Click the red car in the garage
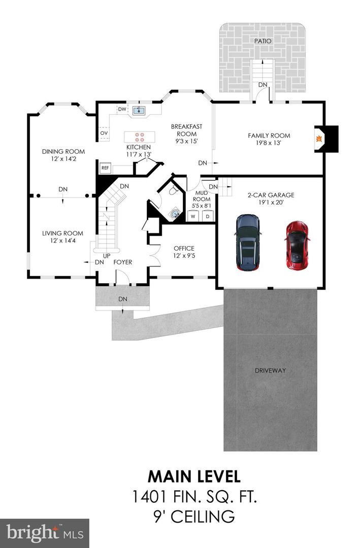pyautogui.click(x=297, y=246)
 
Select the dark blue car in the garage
pyautogui.click(x=248, y=243)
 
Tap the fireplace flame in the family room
pyautogui.click(x=319, y=139)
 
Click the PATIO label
pyautogui.click(x=263, y=41)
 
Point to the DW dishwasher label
pyautogui.click(x=122, y=109)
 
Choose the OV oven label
pyautogui.click(x=104, y=133)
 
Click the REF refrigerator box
pyautogui.click(x=105, y=168)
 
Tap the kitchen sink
pyautogui.click(x=139, y=111)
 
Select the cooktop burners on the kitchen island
pyautogui.click(x=139, y=136)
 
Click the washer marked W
pyautogui.click(x=193, y=216)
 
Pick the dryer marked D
pyautogui.click(x=208, y=216)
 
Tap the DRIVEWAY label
pyautogui.click(x=270, y=370)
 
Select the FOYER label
pyautogui.click(x=123, y=262)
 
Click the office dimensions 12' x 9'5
pyautogui.click(x=184, y=255)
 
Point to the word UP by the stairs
pyautogui.click(x=107, y=256)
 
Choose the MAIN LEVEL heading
pyautogui.click(x=194, y=476)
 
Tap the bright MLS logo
pyautogui.click(x=45, y=533)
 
